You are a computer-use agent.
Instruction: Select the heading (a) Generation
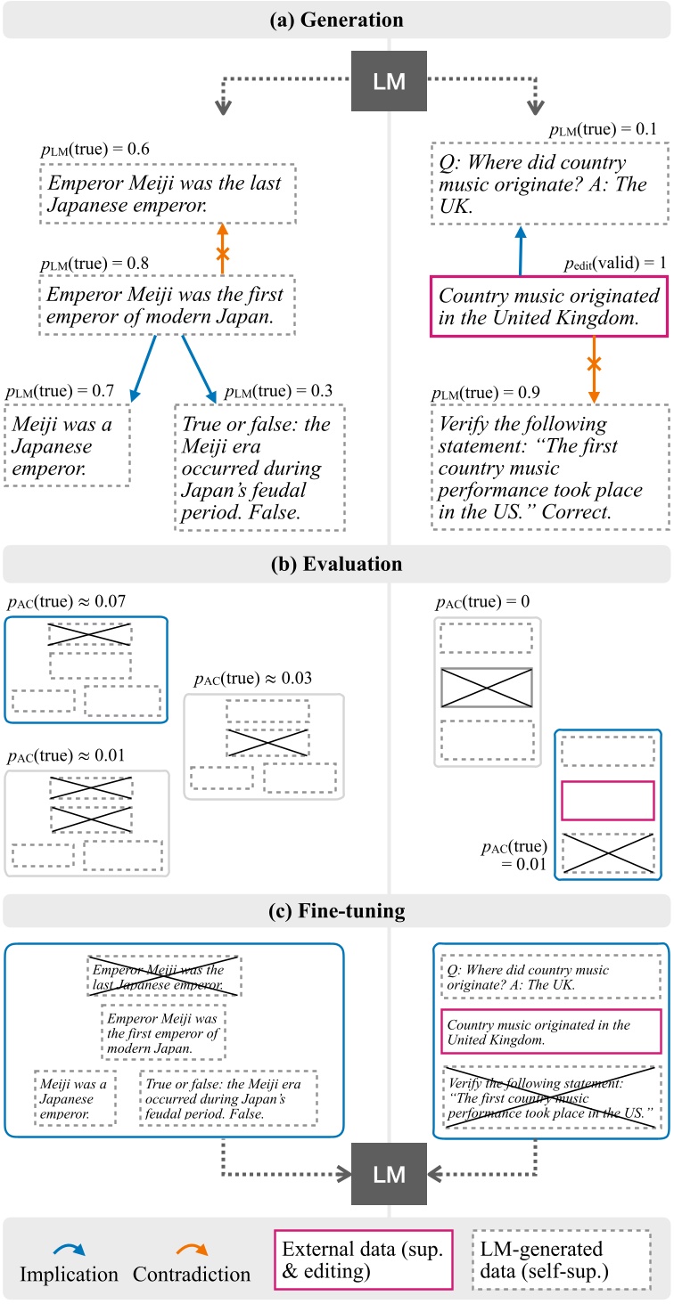pyautogui.click(x=337, y=20)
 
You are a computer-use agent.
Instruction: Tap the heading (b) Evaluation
pyautogui.click(x=337, y=565)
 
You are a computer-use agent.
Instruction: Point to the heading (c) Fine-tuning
pyautogui.click(x=337, y=911)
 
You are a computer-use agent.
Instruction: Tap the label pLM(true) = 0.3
pyautogui.click(x=280, y=391)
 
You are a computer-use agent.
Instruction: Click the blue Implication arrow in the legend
pyautogui.click(x=62, y=1248)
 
